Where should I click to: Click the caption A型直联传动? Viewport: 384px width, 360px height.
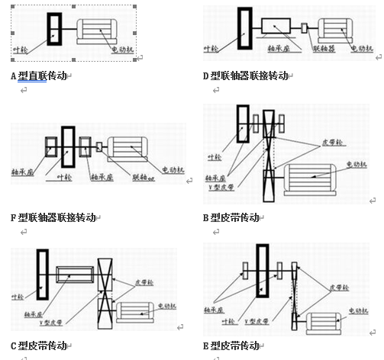pos(39,76)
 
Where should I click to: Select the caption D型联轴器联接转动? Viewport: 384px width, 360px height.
pos(244,76)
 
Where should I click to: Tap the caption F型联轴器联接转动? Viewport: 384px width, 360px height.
pos(53,217)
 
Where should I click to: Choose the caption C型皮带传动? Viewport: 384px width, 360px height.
pos(39,345)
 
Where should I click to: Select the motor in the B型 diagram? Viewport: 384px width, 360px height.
pos(306,182)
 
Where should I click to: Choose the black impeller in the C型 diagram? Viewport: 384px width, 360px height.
pos(42,274)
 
